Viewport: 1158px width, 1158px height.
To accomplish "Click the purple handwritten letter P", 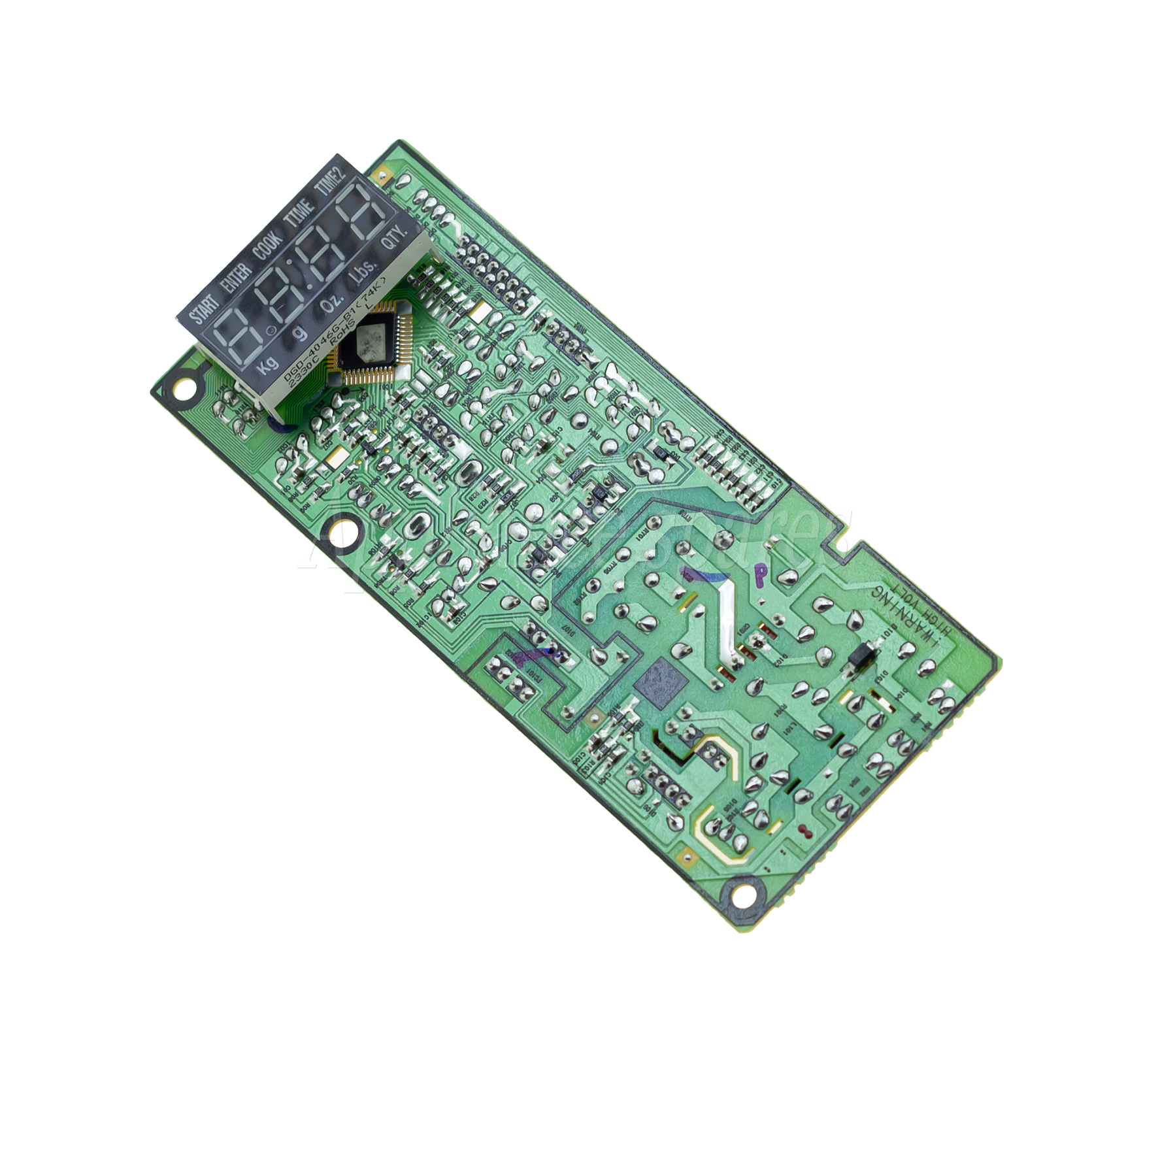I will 761,574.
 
